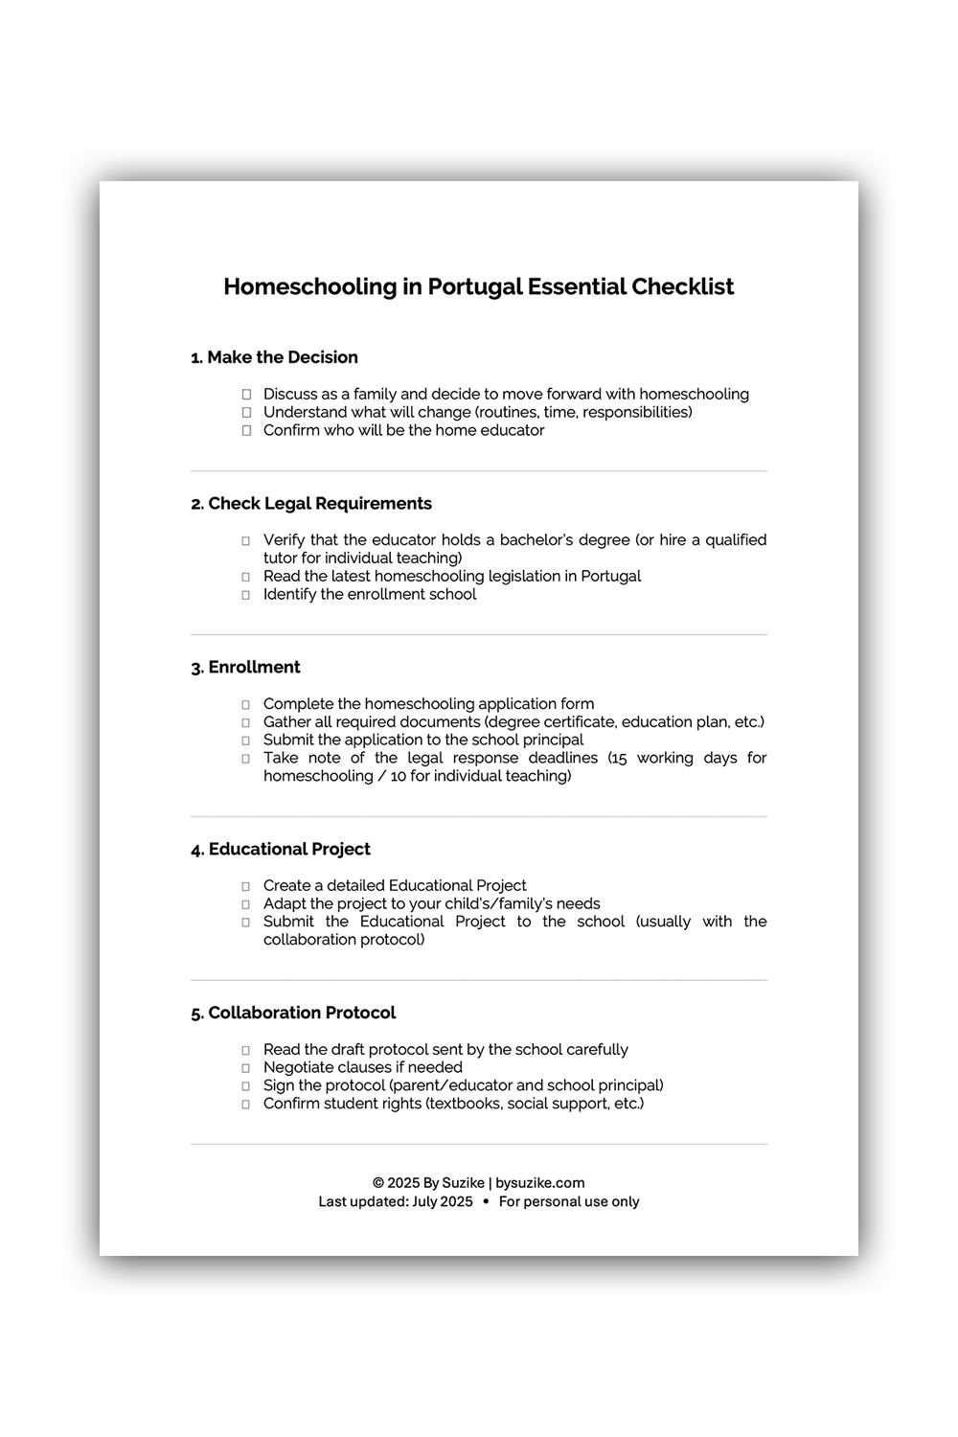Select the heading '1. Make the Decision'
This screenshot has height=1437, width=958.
pos(274,357)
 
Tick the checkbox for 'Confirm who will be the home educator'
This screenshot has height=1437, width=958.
pos(246,431)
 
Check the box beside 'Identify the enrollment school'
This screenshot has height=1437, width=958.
pos(246,595)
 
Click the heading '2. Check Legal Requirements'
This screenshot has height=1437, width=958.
pos(311,504)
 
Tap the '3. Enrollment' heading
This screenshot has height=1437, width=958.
pos(245,668)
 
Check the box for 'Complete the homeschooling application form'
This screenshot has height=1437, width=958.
pos(246,705)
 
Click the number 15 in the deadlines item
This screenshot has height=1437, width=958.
pos(618,758)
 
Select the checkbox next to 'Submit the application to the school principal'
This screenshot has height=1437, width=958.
pos(246,741)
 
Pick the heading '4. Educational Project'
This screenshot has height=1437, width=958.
pos(280,850)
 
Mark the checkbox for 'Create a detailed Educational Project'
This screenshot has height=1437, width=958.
pos(246,887)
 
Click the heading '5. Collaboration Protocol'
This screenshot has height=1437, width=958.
pos(293,1014)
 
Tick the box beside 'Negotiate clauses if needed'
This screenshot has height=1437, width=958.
pos(246,1068)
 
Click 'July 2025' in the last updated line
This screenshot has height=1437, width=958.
pos(443,1202)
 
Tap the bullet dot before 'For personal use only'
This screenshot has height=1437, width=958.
pos(486,1201)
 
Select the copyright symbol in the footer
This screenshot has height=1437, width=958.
pos(378,1183)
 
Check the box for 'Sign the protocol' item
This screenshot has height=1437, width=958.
pos(246,1086)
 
